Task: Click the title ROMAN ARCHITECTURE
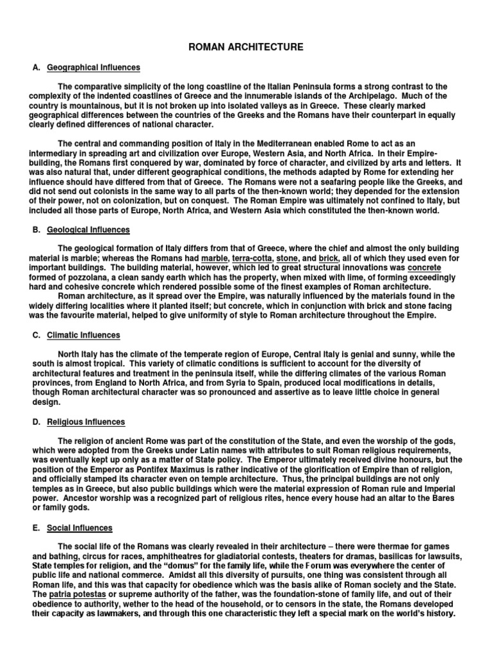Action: click(x=245, y=47)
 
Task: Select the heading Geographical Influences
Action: click(x=94, y=67)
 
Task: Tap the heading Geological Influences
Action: click(x=88, y=229)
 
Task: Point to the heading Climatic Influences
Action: click(x=83, y=335)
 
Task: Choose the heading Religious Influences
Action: click(x=86, y=422)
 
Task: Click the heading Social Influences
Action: click(x=79, y=528)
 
